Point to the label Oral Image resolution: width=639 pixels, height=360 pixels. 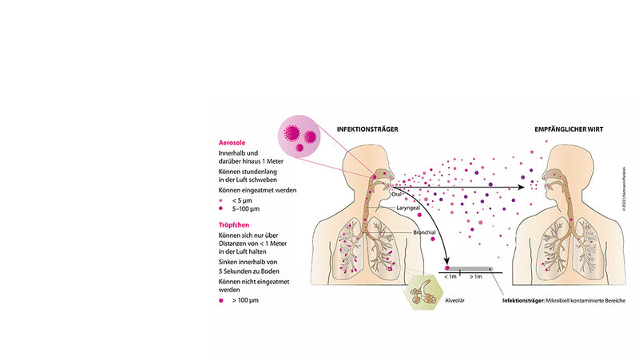tap(396, 193)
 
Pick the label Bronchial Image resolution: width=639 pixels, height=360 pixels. tap(425, 231)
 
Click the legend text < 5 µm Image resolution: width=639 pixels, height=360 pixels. tap(242, 200)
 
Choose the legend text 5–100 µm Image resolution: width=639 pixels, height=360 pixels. tap(245, 210)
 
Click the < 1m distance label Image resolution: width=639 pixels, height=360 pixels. tap(451, 277)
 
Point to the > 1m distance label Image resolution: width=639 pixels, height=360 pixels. tap(476, 277)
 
